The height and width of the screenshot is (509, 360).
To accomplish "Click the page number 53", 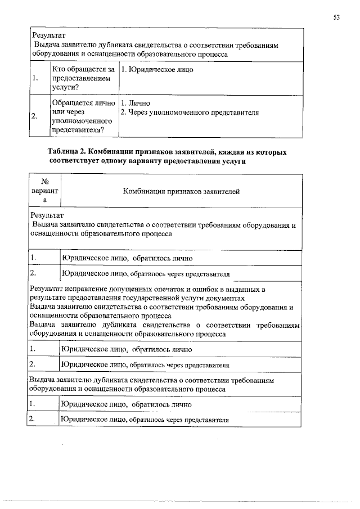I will click(x=336, y=17).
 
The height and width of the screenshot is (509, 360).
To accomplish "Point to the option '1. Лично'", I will click(x=132, y=103).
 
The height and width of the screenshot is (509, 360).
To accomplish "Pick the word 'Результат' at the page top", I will click(x=49, y=35).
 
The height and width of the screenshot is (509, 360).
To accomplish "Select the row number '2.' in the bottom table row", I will click(x=33, y=418).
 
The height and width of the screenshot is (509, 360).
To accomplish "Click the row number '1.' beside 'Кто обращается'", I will click(x=36, y=78).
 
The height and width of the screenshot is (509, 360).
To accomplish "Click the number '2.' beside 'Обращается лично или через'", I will click(x=36, y=117).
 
